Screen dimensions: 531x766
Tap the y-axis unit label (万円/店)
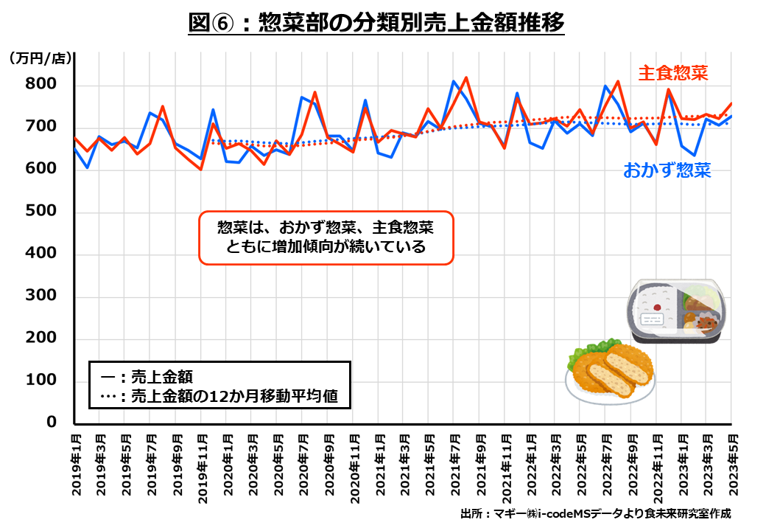[x=41, y=59]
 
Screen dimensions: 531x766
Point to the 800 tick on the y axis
[x=41, y=84]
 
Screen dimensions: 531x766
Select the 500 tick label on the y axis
[x=41, y=212]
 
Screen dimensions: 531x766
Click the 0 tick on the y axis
[x=52, y=423]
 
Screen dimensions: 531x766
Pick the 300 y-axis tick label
[x=41, y=297]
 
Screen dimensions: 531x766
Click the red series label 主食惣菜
[x=672, y=73]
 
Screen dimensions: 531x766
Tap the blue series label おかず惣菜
[x=667, y=171]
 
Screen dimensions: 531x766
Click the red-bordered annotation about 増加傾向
[x=326, y=237]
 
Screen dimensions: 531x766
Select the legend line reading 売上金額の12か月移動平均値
[x=228, y=396]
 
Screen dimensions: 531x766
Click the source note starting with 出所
[x=595, y=513]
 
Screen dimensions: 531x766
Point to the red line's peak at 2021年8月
[x=466, y=77]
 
